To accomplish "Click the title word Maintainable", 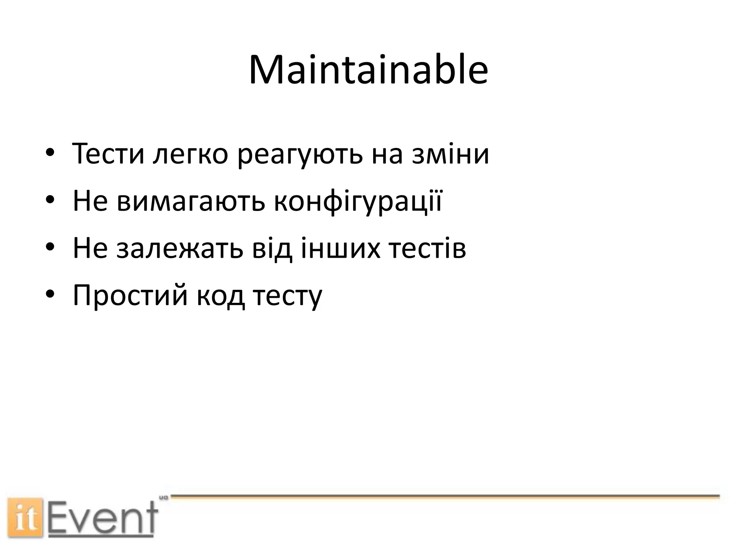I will coord(368,70).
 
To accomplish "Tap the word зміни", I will coord(451,154).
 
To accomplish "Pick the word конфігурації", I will coord(358,202).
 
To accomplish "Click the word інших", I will coord(340,249).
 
